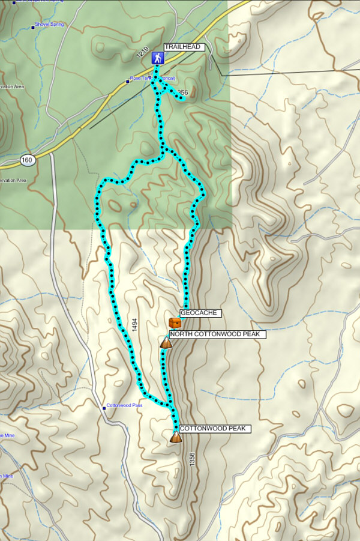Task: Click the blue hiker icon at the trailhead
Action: click(x=157, y=58)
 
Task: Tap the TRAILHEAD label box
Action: click(x=185, y=47)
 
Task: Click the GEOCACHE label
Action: click(x=201, y=313)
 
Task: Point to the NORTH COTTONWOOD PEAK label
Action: click(x=217, y=334)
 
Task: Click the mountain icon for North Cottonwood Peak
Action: click(x=166, y=343)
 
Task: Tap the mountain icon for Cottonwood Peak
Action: click(x=175, y=438)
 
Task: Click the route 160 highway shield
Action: click(x=27, y=160)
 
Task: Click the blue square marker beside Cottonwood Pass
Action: click(x=104, y=408)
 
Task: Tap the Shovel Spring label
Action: click(x=50, y=25)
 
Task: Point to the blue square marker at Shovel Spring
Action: click(x=32, y=26)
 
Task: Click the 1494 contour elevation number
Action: click(x=134, y=325)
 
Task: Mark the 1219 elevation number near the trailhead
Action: click(x=142, y=53)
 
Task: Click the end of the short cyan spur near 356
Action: click(x=182, y=99)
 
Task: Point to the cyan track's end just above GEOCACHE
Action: click(x=186, y=306)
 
